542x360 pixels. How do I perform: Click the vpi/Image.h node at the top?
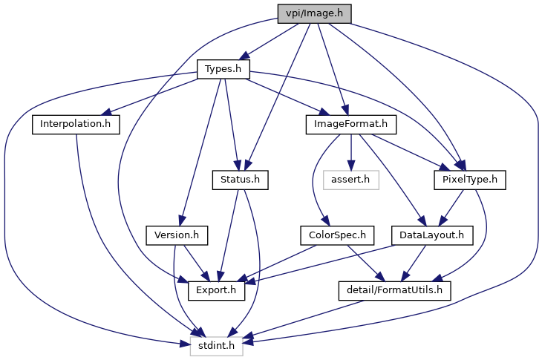pyautogui.click(x=314, y=14)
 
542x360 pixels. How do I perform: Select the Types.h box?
pyautogui.click(x=223, y=69)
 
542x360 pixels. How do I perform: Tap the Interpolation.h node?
pyautogui.click(x=76, y=125)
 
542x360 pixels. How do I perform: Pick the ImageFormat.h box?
pyautogui.click(x=351, y=125)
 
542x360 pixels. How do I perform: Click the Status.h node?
pyautogui.click(x=241, y=180)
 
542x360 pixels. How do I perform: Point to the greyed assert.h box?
pyautogui.click(x=351, y=180)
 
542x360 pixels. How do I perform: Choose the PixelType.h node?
pyautogui.click(x=470, y=180)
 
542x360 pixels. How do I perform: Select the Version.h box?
pyautogui.click(x=177, y=235)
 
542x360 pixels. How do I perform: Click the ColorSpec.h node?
pyautogui.click(x=337, y=235)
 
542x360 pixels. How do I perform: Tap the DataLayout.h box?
pyautogui.click(x=432, y=235)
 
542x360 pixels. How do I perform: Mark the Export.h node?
pyautogui.click(x=216, y=290)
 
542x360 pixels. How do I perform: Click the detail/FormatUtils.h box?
pyautogui.click(x=395, y=290)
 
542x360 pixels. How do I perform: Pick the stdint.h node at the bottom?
pyautogui.click(x=216, y=346)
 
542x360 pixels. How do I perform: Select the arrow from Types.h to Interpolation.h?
pyautogui.click(x=151, y=96)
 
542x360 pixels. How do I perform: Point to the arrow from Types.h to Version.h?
pyautogui.click(x=200, y=152)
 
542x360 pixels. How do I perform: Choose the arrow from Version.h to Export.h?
pyautogui.click(x=196, y=264)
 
